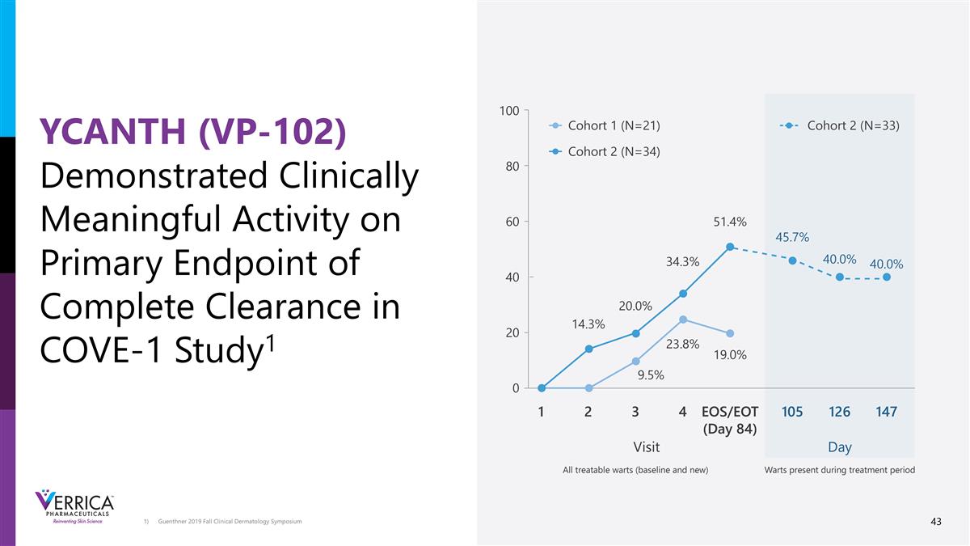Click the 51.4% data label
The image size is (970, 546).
coord(729,222)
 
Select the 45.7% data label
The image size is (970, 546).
coord(792,236)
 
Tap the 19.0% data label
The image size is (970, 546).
coord(729,354)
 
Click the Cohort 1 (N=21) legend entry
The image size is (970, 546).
coord(614,125)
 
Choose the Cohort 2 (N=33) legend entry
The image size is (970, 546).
coord(853,125)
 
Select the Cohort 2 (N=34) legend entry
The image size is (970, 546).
coord(614,151)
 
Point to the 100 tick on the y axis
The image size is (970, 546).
coord(508,110)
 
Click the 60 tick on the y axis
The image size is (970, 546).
coord(511,221)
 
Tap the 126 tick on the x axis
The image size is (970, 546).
coord(839,412)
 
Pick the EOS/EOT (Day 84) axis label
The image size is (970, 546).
coord(729,420)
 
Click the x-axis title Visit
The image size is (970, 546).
coord(647,447)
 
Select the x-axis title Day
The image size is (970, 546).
coord(839,447)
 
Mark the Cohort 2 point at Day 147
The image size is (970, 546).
coord(887,277)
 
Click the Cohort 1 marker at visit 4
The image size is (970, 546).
coord(683,320)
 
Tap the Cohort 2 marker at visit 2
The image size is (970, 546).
coord(588,349)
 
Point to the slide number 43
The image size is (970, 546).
coord(936,522)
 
